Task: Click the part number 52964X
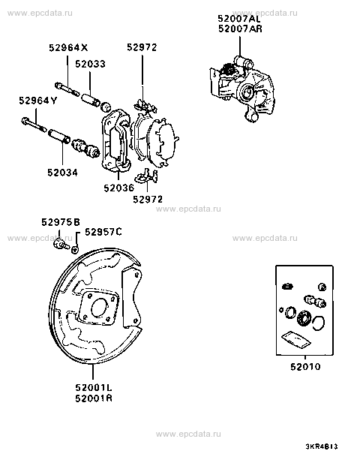(68, 47)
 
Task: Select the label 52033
(90, 64)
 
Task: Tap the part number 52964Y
(38, 101)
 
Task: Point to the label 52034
(62, 173)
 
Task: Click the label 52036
(119, 188)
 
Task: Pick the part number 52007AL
(239, 19)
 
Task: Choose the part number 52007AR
(240, 29)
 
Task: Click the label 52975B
(61, 222)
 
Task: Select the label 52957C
(103, 232)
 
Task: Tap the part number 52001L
(94, 387)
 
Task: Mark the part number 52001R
(94, 398)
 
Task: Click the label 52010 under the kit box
(305, 367)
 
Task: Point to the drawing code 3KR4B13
(322, 446)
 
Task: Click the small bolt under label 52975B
(61, 245)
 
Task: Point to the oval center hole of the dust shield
(99, 308)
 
